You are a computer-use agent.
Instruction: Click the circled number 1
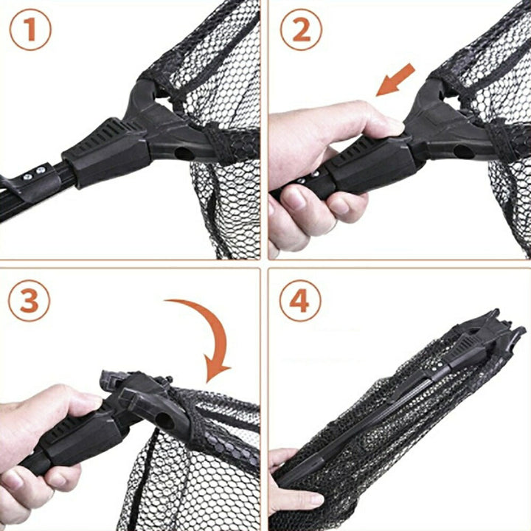point(30,29)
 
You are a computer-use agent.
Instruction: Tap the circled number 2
point(301,29)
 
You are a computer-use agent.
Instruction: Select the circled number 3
point(29,300)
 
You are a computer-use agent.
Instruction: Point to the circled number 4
point(300,300)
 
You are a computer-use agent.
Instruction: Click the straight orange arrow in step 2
point(396,80)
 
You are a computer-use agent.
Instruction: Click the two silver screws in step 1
point(35,173)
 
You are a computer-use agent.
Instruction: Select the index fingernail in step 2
point(294,199)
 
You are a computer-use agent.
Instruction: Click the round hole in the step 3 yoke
point(165,420)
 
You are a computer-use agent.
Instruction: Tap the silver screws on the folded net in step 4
point(437,366)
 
